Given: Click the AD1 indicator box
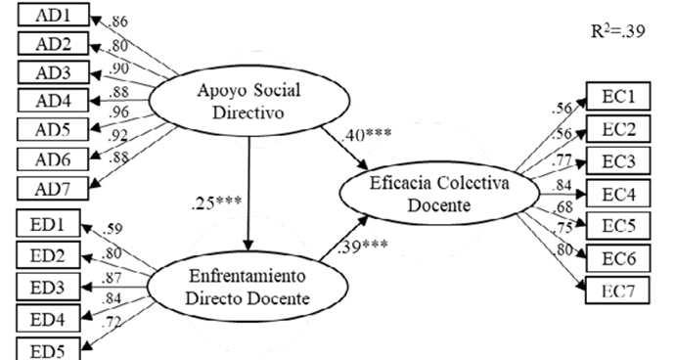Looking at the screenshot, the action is (x=54, y=15).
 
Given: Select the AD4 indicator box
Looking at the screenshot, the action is (x=54, y=101).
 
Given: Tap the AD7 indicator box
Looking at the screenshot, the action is (x=53, y=189).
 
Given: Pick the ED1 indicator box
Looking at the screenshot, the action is (x=48, y=223).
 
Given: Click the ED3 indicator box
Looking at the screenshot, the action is (x=48, y=287).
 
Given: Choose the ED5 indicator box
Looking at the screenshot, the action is (x=48, y=349).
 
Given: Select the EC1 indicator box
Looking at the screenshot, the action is (x=618, y=97).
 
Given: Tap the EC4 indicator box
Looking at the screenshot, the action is (x=618, y=194).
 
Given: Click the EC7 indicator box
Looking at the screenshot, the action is (x=618, y=291).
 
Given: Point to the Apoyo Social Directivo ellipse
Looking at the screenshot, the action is (x=248, y=101).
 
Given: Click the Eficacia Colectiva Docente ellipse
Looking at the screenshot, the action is (x=439, y=194).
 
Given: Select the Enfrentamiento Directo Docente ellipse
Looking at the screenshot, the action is (x=247, y=287).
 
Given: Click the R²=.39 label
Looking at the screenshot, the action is (x=618, y=31).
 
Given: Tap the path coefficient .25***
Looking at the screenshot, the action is (x=216, y=202).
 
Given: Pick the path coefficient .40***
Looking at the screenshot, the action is (x=366, y=135).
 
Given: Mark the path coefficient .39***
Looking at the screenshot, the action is (x=363, y=247).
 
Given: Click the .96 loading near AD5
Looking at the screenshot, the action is (x=118, y=112).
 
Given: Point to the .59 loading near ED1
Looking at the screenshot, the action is (x=112, y=228).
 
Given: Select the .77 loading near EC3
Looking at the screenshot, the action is (x=562, y=160).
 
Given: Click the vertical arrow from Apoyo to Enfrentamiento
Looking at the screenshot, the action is (x=248, y=194).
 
